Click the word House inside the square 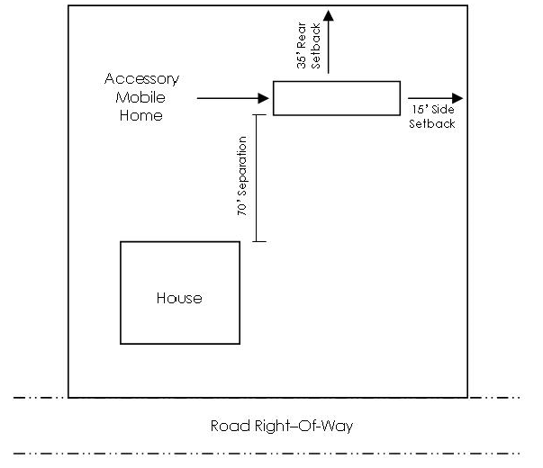(x=179, y=298)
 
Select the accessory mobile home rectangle (x=336, y=98)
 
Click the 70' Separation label (x=242, y=177)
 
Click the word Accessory (x=141, y=79)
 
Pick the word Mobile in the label (x=141, y=97)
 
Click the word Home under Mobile (x=141, y=115)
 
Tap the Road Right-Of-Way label (x=281, y=426)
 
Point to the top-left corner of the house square (x=121, y=241)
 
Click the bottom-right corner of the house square (x=240, y=344)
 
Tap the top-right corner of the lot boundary (x=467, y=6)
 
